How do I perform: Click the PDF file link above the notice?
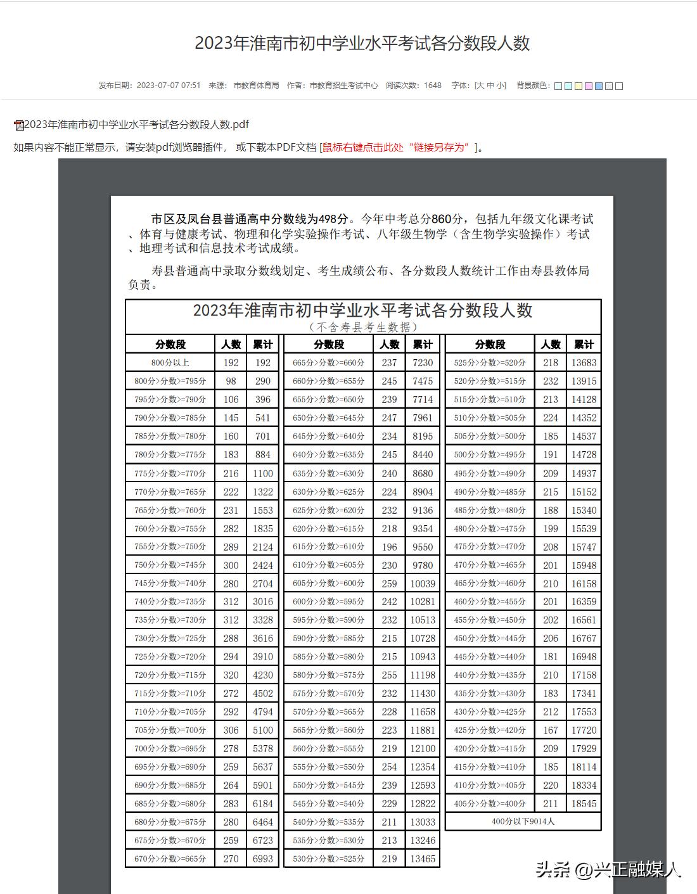(x=136, y=124)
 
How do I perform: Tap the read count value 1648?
(x=433, y=86)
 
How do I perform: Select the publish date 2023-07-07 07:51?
(x=169, y=86)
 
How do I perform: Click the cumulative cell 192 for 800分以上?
(x=263, y=363)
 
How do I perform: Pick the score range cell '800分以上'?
(x=170, y=363)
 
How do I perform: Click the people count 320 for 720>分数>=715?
(x=231, y=675)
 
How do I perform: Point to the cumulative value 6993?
(x=263, y=859)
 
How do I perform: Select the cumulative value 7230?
(x=423, y=363)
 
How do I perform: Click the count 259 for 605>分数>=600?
(x=390, y=584)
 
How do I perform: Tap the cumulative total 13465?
(x=423, y=859)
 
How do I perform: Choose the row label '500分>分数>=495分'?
(x=490, y=455)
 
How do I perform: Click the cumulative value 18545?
(x=584, y=804)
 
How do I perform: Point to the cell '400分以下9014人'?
(x=523, y=822)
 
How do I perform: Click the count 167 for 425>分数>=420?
(x=551, y=731)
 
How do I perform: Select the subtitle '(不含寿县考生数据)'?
(x=363, y=327)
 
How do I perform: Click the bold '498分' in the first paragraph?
(x=334, y=219)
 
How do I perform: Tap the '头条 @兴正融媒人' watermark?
(x=608, y=869)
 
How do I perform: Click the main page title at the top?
(x=362, y=43)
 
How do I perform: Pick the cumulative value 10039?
(x=423, y=584)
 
